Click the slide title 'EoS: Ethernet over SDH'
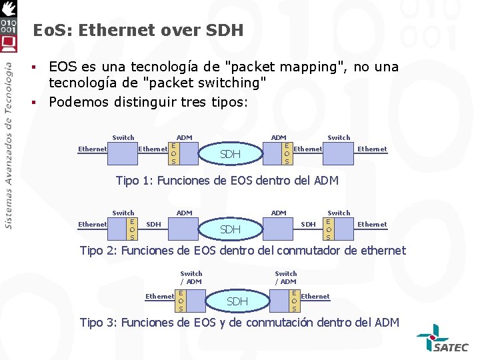[138, 30]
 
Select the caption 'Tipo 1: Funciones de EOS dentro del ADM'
[227, 181]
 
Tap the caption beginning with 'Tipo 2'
[243, 251]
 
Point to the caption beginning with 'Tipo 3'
[239, 323]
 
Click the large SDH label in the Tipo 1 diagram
[230, 155]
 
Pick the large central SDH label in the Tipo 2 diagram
[230, 229]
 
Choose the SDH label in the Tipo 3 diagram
[237, 301]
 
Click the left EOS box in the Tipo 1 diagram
[173, 153]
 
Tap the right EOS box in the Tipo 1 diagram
[287, 153]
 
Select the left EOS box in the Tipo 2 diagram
[132, 228]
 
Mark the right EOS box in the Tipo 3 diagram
[294, 300]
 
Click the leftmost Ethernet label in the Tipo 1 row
[93, 149]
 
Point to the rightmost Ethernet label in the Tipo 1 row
[372, 149]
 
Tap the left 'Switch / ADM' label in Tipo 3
[191, 277]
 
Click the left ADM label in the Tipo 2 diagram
[184, 213]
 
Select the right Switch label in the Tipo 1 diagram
[339, 138]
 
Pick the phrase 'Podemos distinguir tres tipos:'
[148, 102]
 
